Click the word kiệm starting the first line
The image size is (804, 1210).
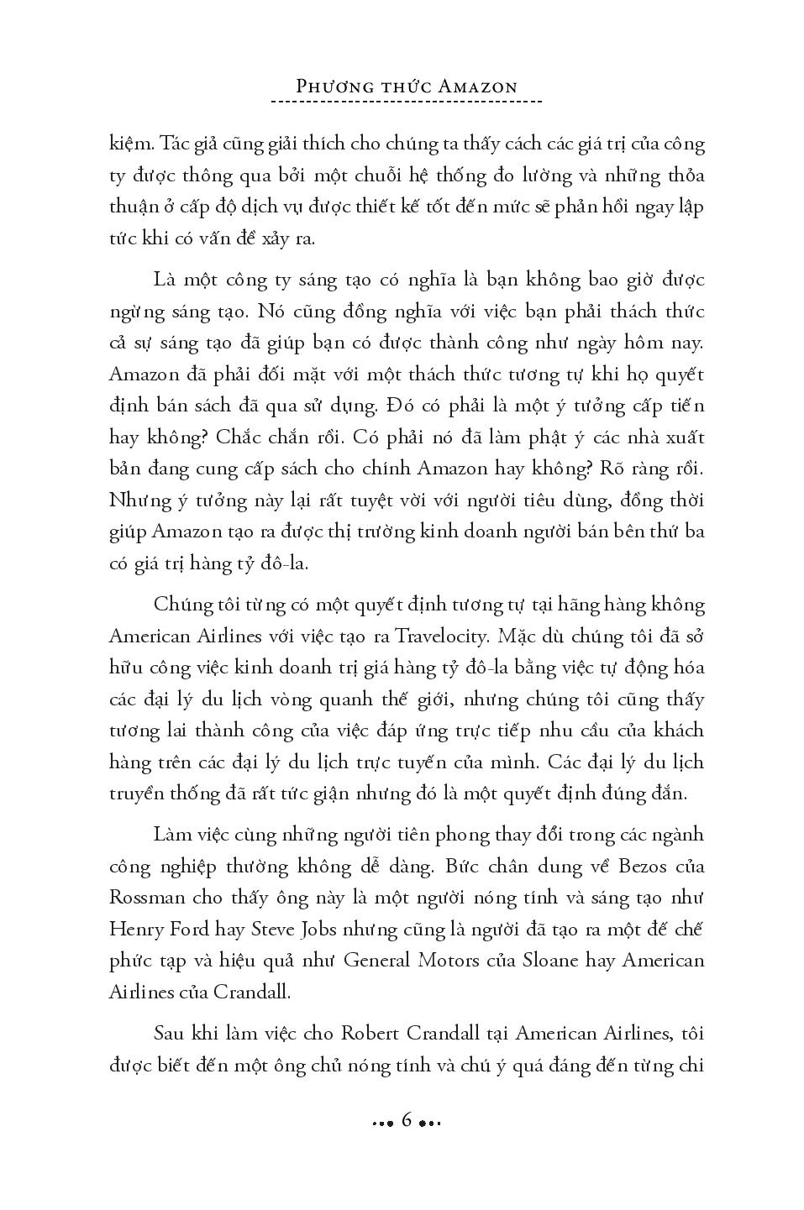pos(129,144)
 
